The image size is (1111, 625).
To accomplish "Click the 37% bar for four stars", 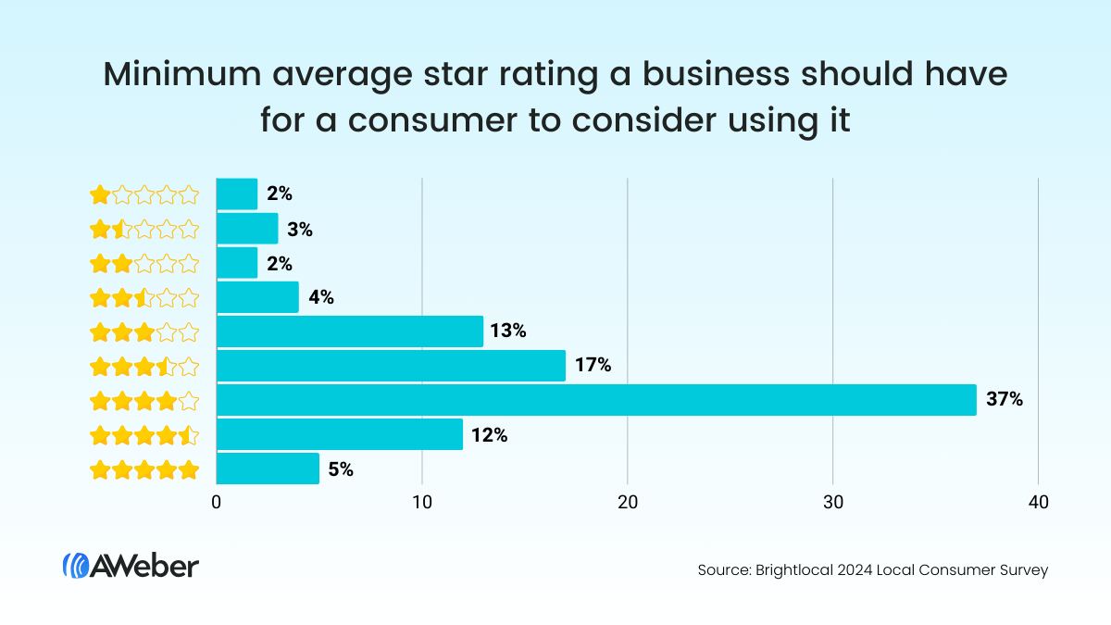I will (x=596, y=400).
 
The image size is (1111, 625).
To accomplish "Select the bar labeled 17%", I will (x=391, y=366).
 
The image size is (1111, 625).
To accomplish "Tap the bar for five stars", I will (x=268, y=469).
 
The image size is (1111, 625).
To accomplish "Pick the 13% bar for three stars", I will (x=350, y=331).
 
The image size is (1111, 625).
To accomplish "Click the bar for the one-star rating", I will (x=237, y=194).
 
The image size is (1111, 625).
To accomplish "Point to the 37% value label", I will (x=1005, y=400).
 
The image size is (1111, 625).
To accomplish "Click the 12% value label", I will (x=489, y=434).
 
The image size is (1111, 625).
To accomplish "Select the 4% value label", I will (x=320, y=297).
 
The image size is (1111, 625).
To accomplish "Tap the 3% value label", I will (x=300, y=229).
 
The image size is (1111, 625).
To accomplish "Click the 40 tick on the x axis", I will (x=1038, y=503).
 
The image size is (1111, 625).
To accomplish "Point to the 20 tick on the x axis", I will (x=628, y=503).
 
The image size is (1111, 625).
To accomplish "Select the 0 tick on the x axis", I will (x=217, y=503).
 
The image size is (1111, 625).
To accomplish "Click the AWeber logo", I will (x=131, y=566).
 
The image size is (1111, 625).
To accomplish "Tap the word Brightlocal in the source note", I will (x=780, y=570).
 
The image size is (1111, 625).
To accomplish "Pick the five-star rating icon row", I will (x=144, y=469).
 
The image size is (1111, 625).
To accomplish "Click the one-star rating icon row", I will (x=144, y=194).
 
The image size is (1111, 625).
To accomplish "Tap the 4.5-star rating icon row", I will (x=144, y=435).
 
